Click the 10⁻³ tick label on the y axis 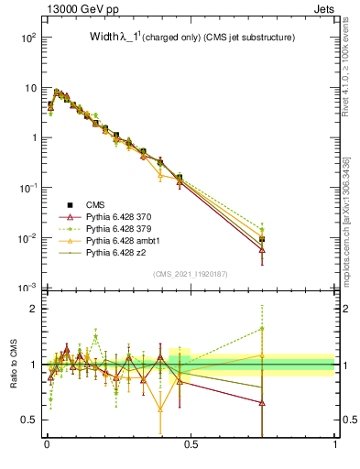point(26,288)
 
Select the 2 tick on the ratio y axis point(33,309)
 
